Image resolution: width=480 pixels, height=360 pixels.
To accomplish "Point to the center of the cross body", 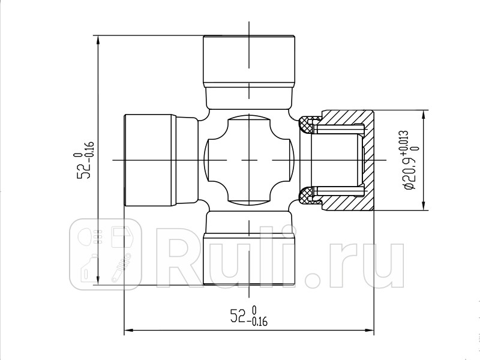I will [249, 160].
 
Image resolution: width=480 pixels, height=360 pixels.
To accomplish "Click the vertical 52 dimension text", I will [85, 161].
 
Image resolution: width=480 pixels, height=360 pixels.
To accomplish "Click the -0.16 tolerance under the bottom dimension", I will [258, 323].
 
